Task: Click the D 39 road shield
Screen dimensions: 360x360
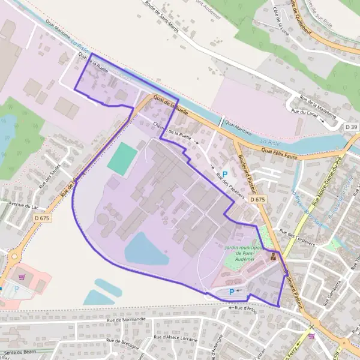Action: coord(352,127)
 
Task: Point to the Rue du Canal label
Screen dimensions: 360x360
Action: coord(304,111)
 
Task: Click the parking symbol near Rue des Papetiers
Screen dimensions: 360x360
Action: coord(225,157)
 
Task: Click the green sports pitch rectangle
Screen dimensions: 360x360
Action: coord(123,158)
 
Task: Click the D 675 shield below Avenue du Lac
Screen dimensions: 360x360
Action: coord(42,218)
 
